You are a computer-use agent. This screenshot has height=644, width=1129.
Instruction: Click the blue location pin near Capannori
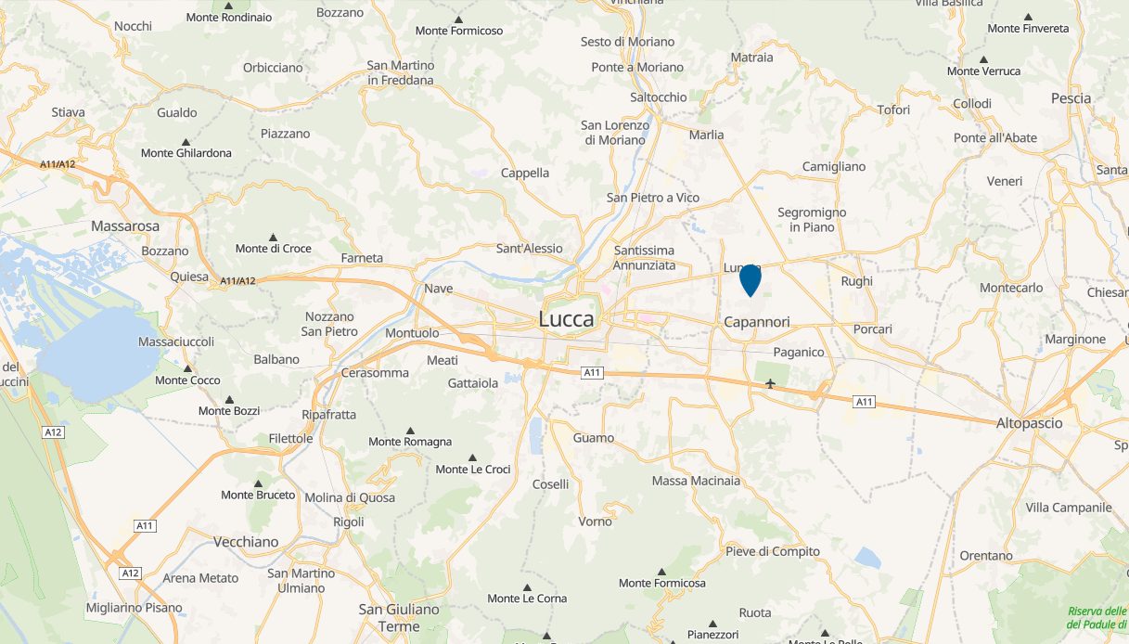(x=750, y=278)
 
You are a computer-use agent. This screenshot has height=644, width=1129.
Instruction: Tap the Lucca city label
(x=566, y=319)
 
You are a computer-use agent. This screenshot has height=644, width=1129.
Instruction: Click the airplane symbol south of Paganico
(x=770, y=383)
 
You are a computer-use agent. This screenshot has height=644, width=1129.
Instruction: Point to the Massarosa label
(x=125, y=225)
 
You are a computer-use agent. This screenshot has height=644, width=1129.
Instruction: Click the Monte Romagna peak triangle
(x=410, y=431)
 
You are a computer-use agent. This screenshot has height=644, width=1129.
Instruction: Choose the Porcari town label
(x=872, y=329)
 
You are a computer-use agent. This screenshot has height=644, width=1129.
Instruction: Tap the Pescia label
(x=1071, y=98)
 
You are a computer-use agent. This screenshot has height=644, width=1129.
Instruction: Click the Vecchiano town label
(x=246, y=542)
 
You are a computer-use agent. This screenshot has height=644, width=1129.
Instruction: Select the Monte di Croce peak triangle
(x=273, y=238)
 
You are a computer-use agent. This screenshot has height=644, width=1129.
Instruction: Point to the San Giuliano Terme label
(x=399, y=617)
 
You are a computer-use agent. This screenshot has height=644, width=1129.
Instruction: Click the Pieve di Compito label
(x=773, y=551)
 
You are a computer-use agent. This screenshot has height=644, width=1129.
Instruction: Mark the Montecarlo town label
(x=1011, y=288)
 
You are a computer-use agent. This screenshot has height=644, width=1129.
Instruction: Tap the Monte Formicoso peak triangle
(x=458, y=19)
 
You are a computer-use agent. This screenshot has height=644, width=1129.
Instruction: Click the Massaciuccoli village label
(x=175, y=341)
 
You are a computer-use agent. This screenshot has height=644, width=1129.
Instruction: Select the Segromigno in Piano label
(x=812, y=219)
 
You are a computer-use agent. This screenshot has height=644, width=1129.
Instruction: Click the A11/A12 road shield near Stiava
(x=58, y=164)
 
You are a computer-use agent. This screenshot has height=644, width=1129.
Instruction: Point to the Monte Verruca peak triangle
(x=983, y=59)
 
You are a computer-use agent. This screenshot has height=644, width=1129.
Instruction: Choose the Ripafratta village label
(x=327, y=415)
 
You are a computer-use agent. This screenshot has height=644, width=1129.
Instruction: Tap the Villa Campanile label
(x=1069, y=508)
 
